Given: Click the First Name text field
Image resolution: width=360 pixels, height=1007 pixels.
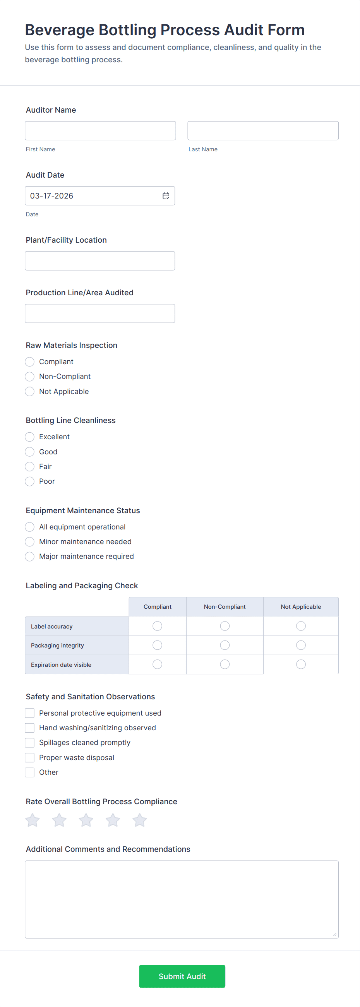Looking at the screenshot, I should tap(100, 130).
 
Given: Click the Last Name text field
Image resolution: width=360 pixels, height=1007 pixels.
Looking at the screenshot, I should tap(263, 130).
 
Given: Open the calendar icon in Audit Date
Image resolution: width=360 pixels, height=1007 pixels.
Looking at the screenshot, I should tap(166, 196).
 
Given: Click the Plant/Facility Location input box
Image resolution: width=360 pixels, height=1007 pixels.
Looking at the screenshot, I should tap(99, 261).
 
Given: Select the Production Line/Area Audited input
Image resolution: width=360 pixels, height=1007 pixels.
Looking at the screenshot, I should tap(99, 313).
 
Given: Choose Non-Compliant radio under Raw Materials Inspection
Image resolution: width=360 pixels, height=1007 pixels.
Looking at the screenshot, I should tap(30, 377).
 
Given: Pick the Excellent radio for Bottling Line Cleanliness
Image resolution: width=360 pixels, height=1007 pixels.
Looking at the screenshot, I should tap(30, 437).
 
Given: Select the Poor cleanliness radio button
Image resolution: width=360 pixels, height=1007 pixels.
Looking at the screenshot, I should tap(30, 481).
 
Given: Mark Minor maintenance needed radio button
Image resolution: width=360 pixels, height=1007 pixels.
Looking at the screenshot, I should tap(30, 541).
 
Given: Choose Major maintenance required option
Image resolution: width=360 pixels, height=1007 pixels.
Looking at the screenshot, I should tap(30, 556).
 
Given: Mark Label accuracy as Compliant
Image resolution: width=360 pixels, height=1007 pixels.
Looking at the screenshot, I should tap(157, 626).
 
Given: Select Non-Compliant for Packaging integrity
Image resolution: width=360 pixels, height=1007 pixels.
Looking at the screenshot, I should tap(225, 645).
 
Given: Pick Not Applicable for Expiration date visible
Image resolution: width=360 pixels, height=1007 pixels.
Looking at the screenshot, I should tap(301, 664).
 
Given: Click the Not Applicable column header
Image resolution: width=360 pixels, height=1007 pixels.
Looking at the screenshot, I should tap(301, 607).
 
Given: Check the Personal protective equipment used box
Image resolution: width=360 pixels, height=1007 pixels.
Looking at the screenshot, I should tap(30, 713).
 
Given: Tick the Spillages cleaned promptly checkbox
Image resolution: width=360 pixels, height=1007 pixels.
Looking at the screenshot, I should tap(30, 742).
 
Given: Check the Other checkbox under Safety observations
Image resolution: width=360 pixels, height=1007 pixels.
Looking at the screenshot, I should tap(30, 772).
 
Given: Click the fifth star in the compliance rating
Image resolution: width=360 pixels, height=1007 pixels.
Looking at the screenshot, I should tap(139, 820).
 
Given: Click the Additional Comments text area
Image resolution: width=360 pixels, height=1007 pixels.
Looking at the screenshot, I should tap(182, 899).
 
